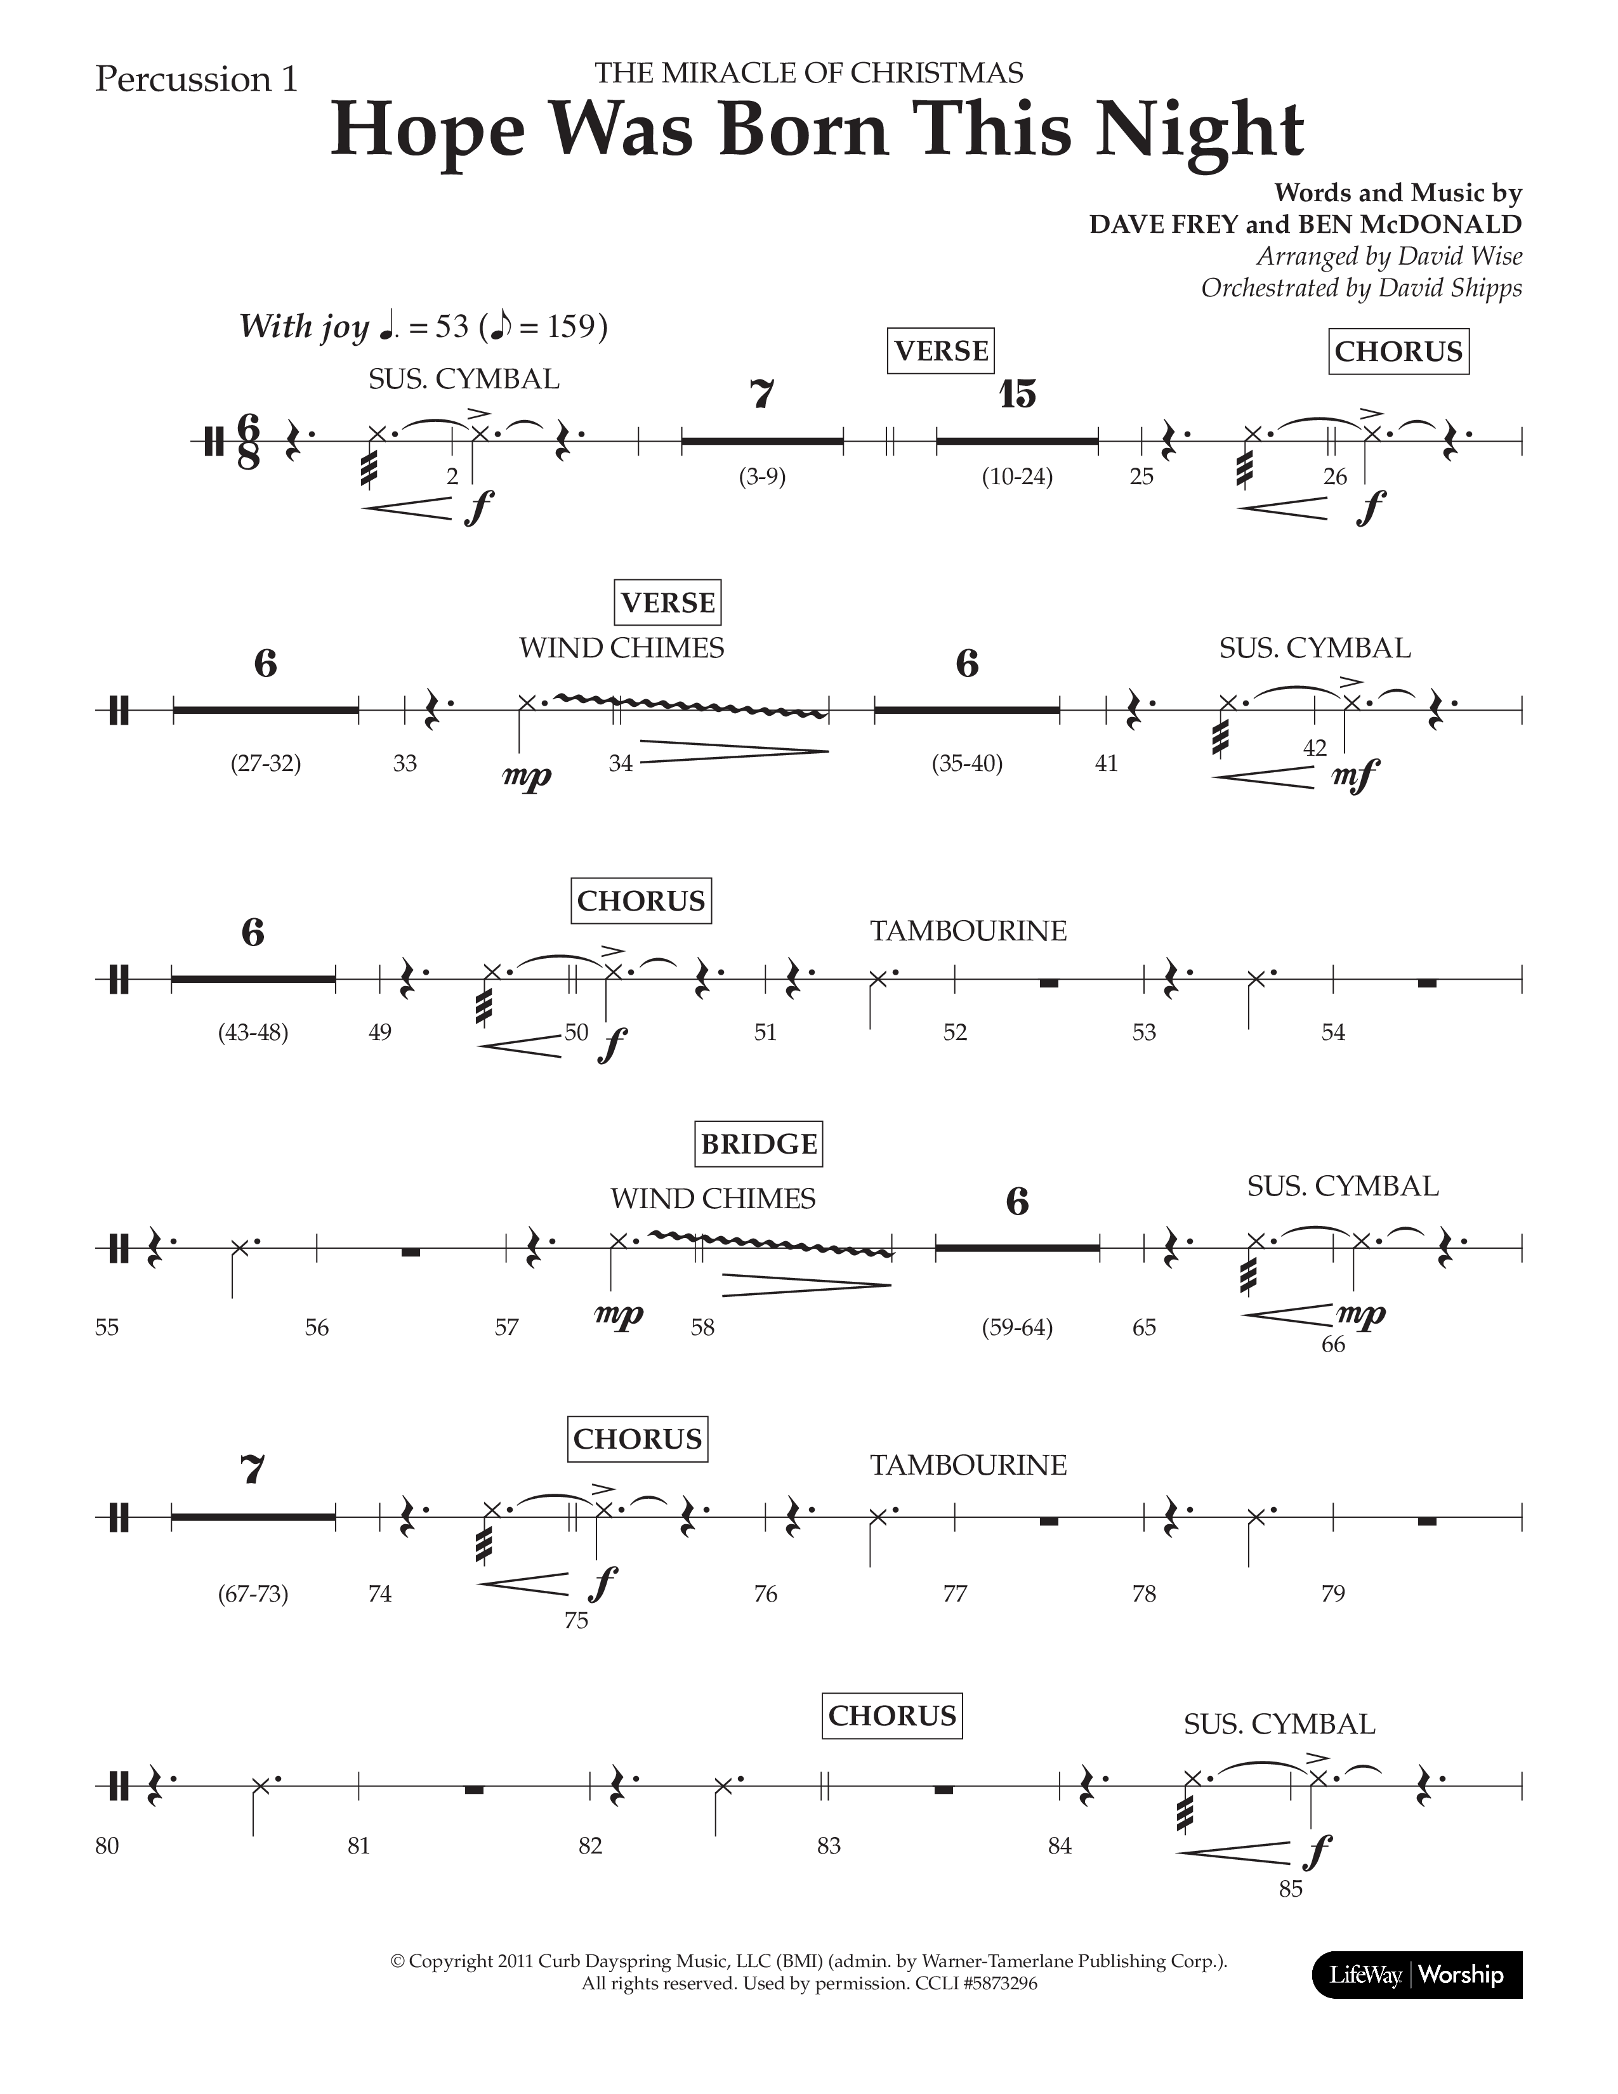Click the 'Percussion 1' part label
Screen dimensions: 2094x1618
[197, 79]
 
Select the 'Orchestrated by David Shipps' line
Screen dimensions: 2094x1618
[1361, 287]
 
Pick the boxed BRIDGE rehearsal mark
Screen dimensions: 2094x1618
[758, 1144]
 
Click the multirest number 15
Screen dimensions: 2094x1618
[1017, 394]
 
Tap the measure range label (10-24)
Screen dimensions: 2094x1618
[1017, 477]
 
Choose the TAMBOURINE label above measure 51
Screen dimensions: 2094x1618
[968, 931]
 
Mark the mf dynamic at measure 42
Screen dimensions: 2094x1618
[1355, 772]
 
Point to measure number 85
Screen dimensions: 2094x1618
[1291, 1889]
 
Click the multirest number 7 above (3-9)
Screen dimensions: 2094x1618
[762, 394]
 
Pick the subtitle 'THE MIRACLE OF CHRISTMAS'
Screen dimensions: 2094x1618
[808, 73]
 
